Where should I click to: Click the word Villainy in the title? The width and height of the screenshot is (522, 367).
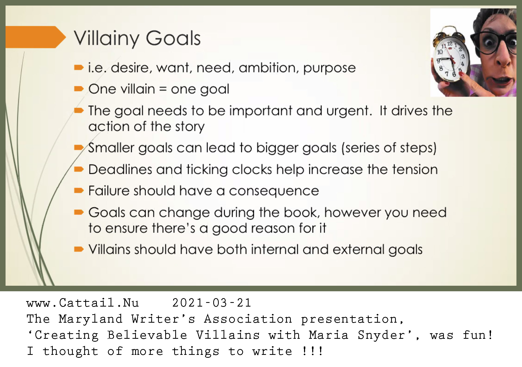(x=106, y=39)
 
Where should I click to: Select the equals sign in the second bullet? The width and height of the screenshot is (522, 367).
(x=163, y=89)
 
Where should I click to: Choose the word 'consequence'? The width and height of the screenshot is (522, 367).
(x=274, y=191)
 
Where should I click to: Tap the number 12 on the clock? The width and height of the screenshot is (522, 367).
(x=450, y=44)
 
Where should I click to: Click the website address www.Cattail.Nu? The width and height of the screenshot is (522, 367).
(x=83, y=303)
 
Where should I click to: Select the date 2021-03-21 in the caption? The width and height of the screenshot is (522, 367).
(x=212, y=303)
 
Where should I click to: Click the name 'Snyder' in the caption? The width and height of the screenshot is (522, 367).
(x=382, y=335)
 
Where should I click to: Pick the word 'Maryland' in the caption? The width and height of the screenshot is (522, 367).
(x=91, y=319)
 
